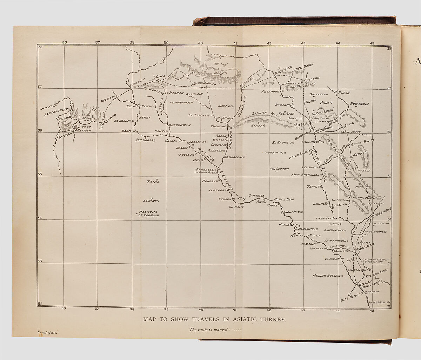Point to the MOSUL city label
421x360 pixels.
(x=301, y=125)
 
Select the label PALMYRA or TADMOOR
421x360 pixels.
(x=148, y=213)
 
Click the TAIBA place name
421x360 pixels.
(x=153, y=182)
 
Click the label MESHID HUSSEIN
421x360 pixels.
(x=326, y=276)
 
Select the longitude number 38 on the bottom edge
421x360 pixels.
(x=132, y=310)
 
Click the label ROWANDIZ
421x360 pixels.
(x=359, y=104)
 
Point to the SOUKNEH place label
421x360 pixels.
(x=151, y=201)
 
